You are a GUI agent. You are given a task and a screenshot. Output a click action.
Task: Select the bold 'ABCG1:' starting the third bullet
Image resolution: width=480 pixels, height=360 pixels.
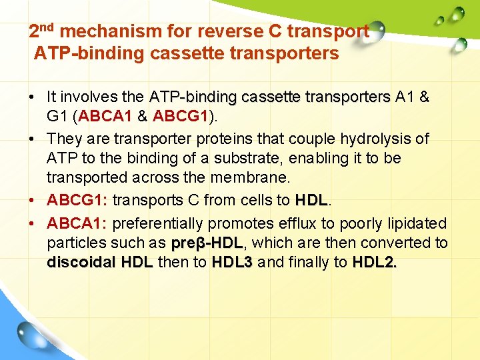[x=77, y=200]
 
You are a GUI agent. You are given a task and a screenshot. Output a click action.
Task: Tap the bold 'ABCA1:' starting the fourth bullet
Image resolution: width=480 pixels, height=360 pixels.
[x=77, y=222]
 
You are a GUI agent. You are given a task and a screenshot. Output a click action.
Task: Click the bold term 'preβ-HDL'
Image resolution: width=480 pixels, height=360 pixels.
[x=206, y=242]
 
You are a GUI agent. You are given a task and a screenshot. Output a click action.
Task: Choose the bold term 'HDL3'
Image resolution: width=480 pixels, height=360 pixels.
[x=232, y=262]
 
